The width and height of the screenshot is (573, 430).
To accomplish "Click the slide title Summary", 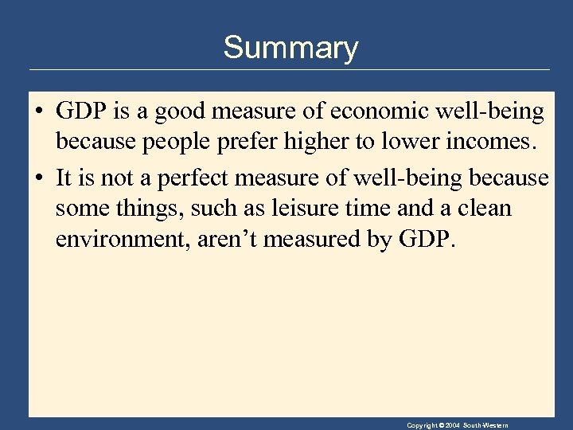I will (290, 48).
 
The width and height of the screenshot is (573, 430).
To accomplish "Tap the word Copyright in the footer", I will (421, 426).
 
